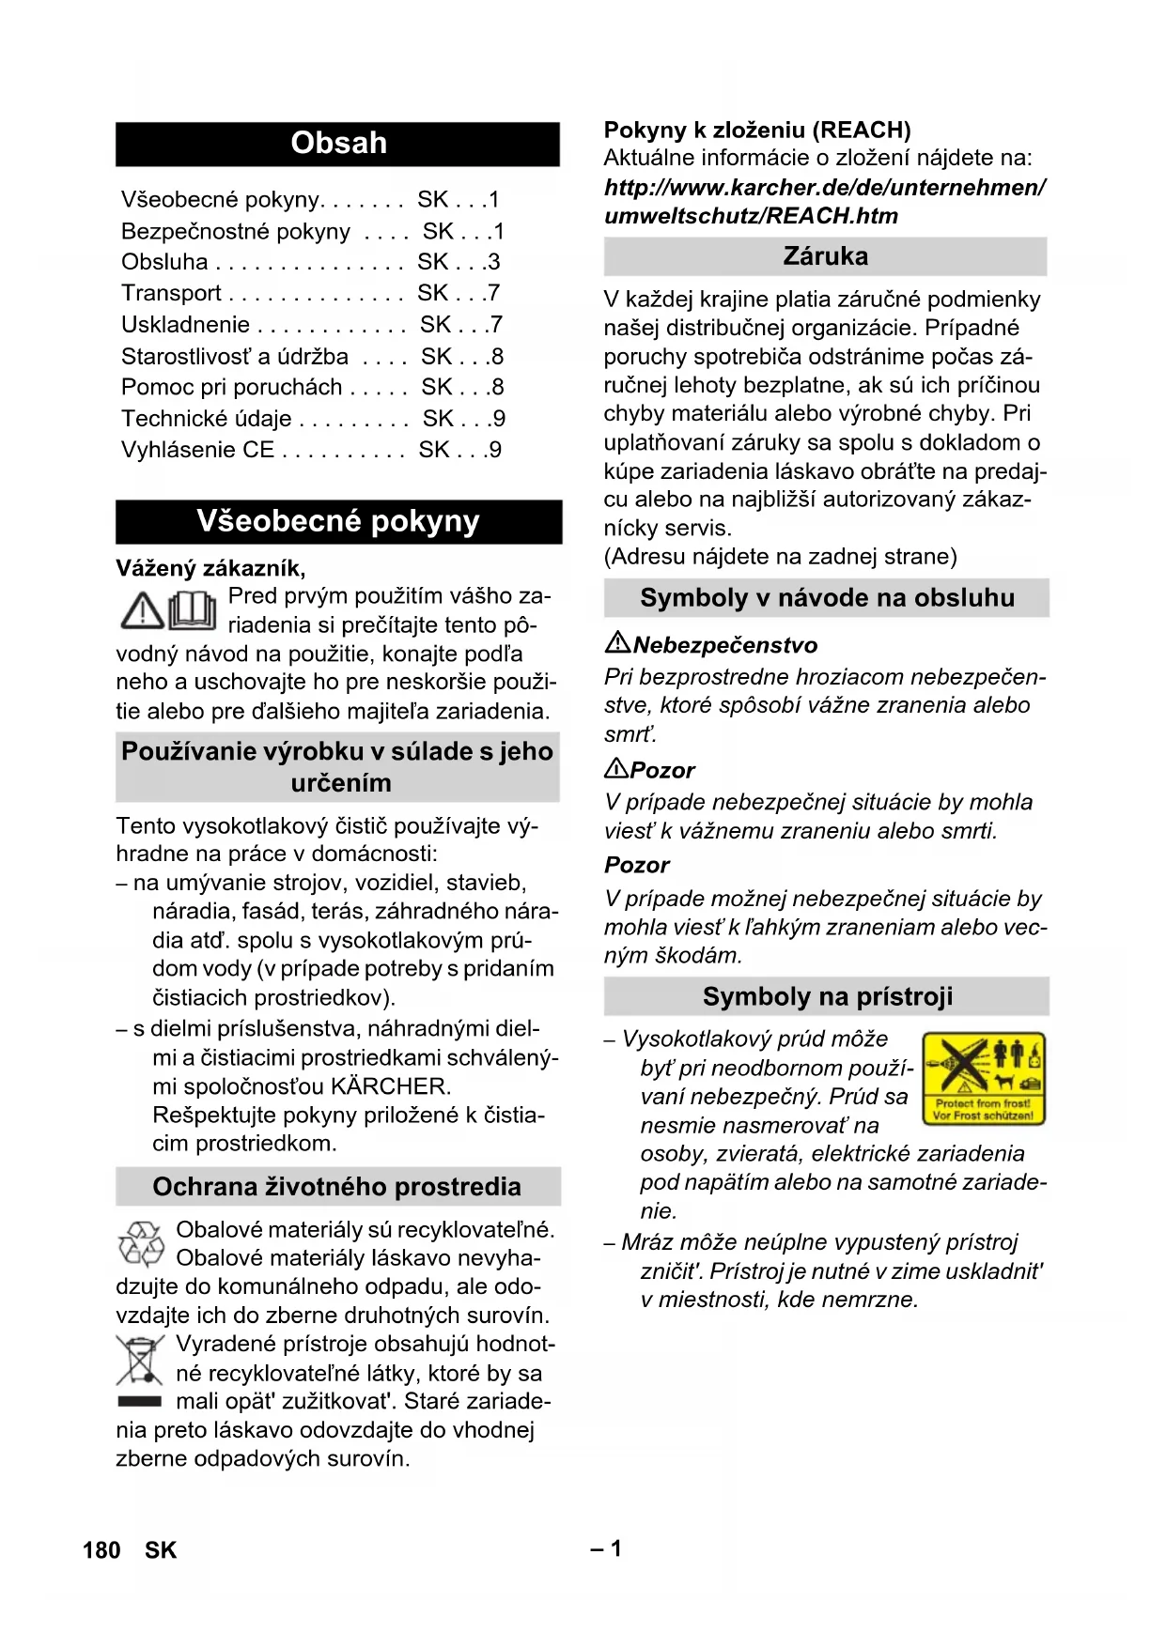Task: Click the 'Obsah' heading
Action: tap(338, 143)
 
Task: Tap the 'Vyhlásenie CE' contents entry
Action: tap(197, 450)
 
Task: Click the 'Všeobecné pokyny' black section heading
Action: tap(338, 521)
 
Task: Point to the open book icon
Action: tap(193, 610)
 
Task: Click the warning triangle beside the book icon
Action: tap(143, 610)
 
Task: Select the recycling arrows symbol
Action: tap(141, 1244)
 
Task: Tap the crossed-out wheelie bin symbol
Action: tap(139, 1361)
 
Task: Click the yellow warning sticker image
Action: tap(984, 1078)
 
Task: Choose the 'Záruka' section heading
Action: tap(825, 256)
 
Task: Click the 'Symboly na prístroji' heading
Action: tap(827, 996)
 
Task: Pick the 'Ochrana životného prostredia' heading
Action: tap(336, 1187)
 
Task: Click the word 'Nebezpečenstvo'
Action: tap(725, 645)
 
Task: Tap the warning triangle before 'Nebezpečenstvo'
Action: tap(617, 643)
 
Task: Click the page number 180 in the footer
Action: tap(101, 1550)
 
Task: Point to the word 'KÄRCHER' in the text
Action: tap(390, 1086)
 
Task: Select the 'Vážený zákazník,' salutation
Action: tap(210, 568)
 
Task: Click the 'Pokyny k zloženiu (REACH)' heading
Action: tap(757, 130)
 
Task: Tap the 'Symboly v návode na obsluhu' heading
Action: tap(827, 598)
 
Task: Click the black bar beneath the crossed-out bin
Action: tap(139, 1401)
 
